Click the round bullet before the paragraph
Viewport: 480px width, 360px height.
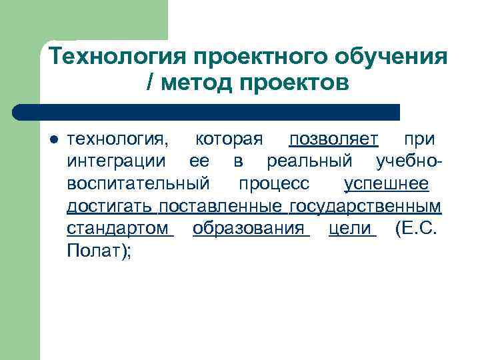55,140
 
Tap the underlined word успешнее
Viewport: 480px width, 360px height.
386,183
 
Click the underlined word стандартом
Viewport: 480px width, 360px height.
118,228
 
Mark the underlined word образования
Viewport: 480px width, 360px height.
249,228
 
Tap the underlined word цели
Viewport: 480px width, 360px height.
349,228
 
